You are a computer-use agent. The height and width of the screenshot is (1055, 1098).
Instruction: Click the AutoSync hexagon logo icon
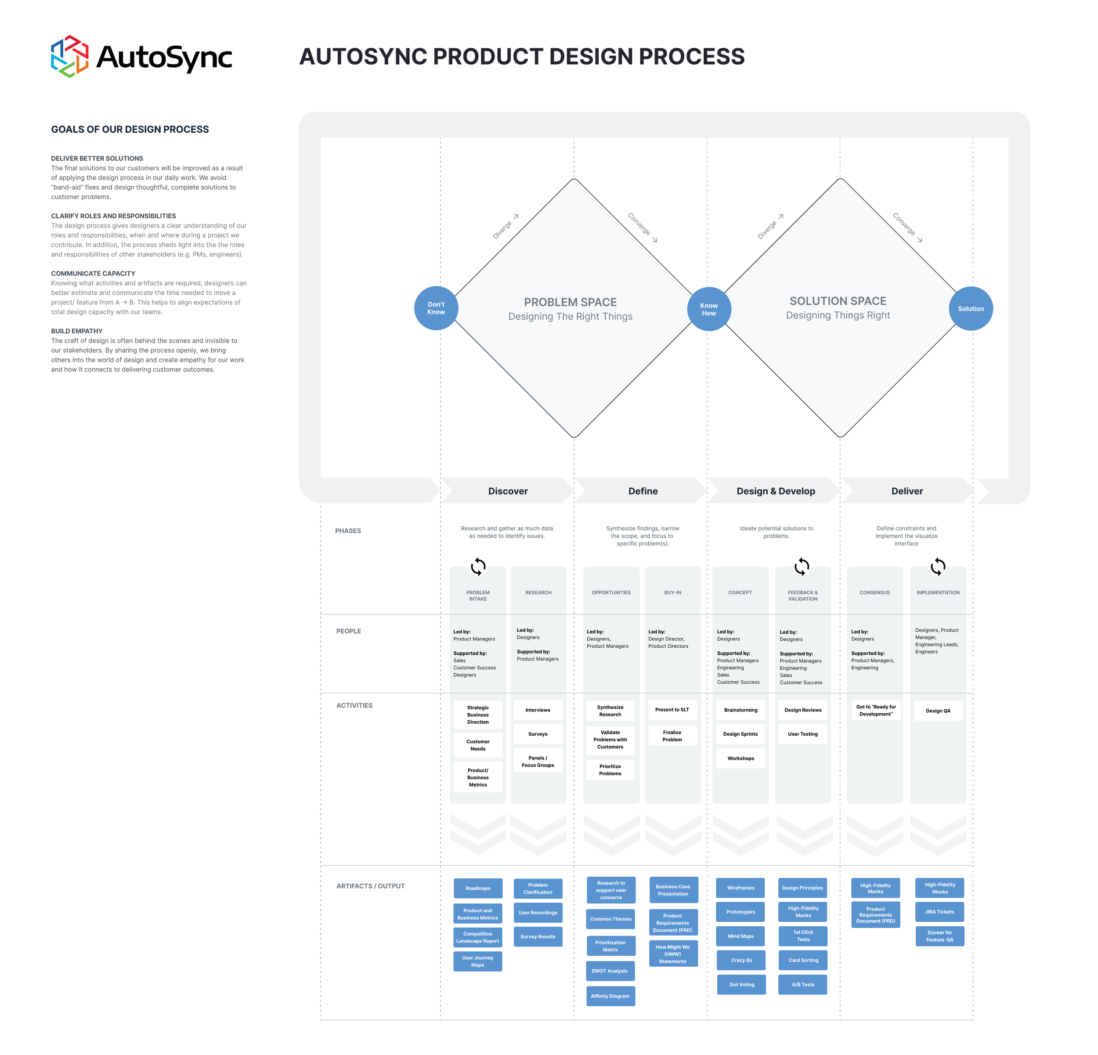click(69, 57)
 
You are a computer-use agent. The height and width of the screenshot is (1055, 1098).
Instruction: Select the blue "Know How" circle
click(709, 309)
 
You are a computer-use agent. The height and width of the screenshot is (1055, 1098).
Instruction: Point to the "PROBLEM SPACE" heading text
click(570, 302)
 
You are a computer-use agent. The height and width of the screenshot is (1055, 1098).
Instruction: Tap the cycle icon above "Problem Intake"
click(478, 567)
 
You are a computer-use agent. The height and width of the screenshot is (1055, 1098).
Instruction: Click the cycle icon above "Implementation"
click(938, 567)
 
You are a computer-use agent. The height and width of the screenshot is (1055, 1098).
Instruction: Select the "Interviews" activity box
click(538, 710)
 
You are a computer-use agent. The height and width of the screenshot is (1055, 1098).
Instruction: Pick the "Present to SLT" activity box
click(672, 709)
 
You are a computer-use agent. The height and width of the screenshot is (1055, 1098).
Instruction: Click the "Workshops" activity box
click(740, 758)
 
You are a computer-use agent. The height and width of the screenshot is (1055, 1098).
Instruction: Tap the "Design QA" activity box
click(938, 710)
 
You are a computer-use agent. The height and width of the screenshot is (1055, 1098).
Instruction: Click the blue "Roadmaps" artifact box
click(478, 888)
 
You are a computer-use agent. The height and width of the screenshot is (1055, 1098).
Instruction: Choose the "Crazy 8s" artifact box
click(741, 960)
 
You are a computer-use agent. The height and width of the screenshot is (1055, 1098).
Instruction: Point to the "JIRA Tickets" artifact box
click(939, 911)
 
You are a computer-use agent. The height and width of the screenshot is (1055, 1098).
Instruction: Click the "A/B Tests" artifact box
click(803, 984)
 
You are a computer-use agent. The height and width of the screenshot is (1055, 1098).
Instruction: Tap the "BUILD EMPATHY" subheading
click(77, 331)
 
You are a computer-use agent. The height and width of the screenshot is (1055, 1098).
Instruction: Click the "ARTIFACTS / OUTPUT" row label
click(370, 886)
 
